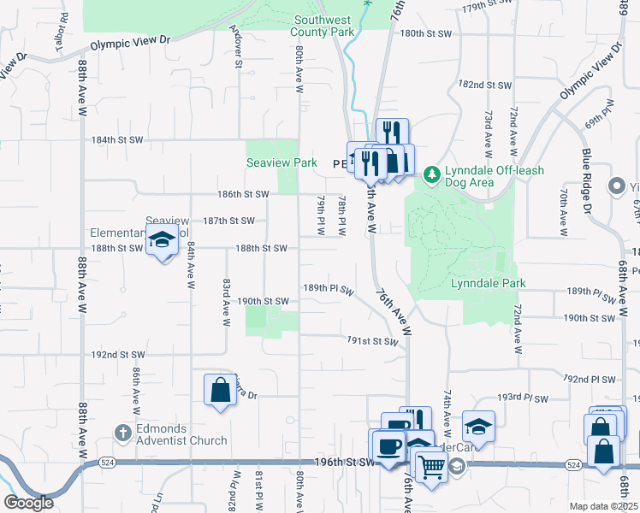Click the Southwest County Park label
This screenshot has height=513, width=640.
323,26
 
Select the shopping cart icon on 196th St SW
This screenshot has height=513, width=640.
433,467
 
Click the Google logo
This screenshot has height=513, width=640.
28,503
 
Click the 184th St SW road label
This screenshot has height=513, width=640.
118,139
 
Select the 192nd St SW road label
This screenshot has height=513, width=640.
116,354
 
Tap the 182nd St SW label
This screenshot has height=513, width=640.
484,85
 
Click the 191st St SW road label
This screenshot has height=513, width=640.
373,341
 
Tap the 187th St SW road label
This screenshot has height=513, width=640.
228,221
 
